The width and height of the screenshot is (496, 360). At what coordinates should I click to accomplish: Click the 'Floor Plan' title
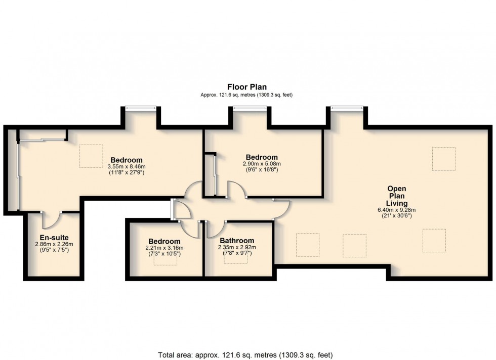coord(247,87)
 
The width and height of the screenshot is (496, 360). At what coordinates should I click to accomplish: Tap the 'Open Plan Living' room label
coord(397,196)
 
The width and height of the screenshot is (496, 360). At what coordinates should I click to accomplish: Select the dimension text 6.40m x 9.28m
coord(397,210)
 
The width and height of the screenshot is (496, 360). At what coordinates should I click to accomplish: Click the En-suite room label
coord(54,238)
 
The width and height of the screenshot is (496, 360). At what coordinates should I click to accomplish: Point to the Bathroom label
coord(237,241)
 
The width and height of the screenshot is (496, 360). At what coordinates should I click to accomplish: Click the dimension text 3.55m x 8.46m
coord(127,166)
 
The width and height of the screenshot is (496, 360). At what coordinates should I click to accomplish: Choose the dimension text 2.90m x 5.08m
coord(262,164)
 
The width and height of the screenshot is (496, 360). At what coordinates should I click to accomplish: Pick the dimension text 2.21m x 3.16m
coord(164,248)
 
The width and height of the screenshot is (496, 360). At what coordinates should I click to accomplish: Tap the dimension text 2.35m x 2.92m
coord(237,247)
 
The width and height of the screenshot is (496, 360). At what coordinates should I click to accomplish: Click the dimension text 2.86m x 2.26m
coord(54,244)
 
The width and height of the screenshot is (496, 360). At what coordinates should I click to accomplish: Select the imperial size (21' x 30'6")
coord(397,216)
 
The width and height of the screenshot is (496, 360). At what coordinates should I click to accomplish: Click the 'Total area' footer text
coord(245,355)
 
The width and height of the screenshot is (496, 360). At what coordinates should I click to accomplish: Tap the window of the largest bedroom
coord(141,108)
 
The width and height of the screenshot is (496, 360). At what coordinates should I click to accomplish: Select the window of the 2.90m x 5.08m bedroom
coord(250,108)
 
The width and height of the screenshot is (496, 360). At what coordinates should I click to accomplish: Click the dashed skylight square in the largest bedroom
coord(92,156)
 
